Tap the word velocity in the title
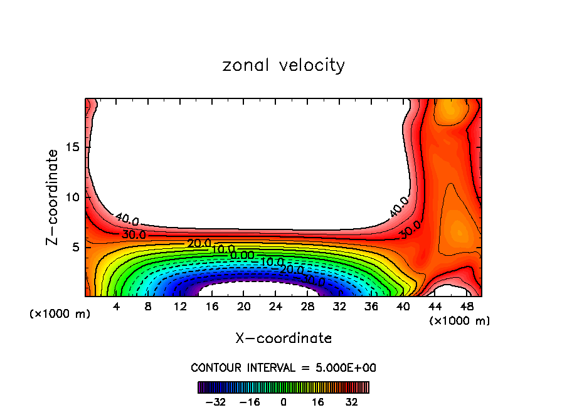[312, 65]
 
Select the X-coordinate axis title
[283, 339]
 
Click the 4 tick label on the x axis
[116, 307]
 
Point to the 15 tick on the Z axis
[73, 147]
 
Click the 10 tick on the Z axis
[73, 197]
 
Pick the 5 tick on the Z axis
[77, 248]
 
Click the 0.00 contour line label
[242, 255]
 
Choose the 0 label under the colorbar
[283, 402]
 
